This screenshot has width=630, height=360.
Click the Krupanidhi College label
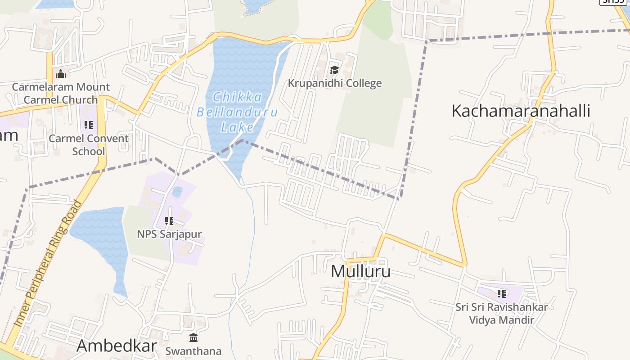click(334, 83)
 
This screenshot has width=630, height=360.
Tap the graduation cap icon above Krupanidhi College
click(334, 70)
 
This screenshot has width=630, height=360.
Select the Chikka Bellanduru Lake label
click(237, 112)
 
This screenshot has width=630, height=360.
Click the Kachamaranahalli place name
click(521, 111)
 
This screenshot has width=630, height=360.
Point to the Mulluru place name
click(360, 271)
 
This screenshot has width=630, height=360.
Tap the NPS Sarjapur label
click(169, 234)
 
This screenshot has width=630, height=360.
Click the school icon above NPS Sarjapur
click(169, 220)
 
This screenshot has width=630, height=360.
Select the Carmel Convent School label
click(89, 144)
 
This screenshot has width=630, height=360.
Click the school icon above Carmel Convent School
click(89, 125)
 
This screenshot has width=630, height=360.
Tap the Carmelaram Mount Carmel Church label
click(61, 93)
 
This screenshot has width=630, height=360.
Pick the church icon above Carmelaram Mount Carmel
click(61, 74)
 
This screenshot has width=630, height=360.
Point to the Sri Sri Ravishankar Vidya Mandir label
click(501, 314)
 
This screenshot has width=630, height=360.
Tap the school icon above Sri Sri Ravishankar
click(502, 294)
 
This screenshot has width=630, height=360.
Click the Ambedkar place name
click(117, 346)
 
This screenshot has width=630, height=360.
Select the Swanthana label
click(193, 351)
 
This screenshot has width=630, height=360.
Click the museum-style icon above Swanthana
click(193, 337)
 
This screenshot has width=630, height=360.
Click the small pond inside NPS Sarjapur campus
click(177, 192)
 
